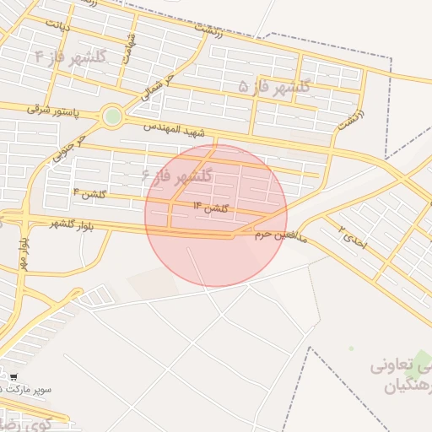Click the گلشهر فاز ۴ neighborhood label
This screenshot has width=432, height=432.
click(72, 57)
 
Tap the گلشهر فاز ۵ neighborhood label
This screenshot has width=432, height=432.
click(274, 86)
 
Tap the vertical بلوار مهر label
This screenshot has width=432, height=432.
click(23, 253)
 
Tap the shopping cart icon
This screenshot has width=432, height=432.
click(13, 376)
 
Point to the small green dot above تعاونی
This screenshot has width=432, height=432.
click(352, 348)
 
